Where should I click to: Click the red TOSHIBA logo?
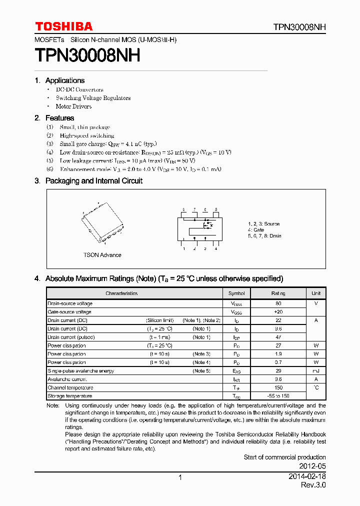coord(63,26)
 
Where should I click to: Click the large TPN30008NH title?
coord(87,55)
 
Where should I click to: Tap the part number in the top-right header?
coord(299,27)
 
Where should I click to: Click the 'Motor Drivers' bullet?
coord(73,106)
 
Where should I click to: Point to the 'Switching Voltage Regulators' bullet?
coord(93,98)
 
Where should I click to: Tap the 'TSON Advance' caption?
coord(102,255)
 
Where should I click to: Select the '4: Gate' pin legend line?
coord(256,230)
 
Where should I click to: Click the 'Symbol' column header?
coord(236,293)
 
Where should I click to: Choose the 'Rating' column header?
coord(278,293)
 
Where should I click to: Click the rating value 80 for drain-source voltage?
coord(278,303)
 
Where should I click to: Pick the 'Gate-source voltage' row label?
coord(69,312)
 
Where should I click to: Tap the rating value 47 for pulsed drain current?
coord(278,337)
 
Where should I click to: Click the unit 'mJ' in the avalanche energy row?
coord(316,371)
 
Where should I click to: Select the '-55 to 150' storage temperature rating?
coord(278,396)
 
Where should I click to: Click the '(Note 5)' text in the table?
coord(201,371)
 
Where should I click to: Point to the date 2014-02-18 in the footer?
coord(307,477)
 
